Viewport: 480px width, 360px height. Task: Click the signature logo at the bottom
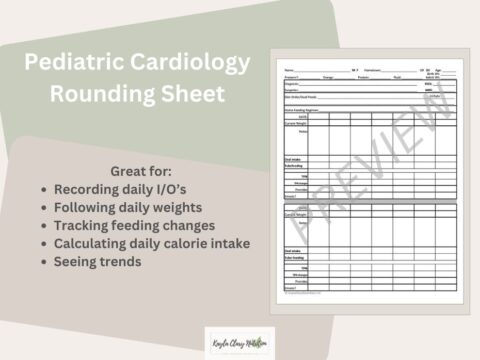(234, 340)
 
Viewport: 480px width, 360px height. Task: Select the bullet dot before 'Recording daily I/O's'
(41, 188)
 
